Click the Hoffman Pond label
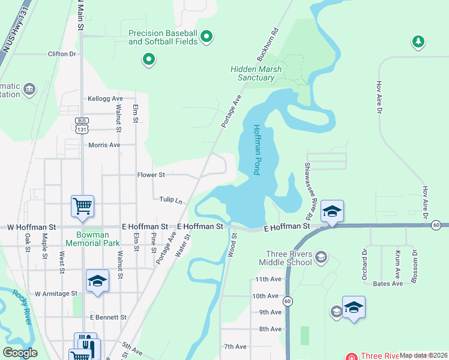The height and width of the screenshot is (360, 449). click(x=256, y=150)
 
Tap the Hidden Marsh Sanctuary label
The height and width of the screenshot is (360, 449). click(x=256, y=73)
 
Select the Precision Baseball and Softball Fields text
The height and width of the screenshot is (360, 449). click(x=162, y=37)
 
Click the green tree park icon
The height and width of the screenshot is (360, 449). click(x=418, y=42)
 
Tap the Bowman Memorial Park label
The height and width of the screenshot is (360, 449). click(x=98, y=239)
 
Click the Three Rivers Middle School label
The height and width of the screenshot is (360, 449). click(x=285, y=258)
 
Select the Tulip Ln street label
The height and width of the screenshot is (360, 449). click(x=170, y=199)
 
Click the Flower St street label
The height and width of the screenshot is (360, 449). click(x=151, y=175)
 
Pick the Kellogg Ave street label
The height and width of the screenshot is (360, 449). click(x=105, y=98)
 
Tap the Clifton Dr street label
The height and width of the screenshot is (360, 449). click(x=64, y=53)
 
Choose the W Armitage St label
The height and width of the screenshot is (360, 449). click(x=56, y=294)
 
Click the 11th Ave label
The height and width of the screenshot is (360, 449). click(x=268, y=280)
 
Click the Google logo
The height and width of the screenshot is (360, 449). click(x=20, y=353)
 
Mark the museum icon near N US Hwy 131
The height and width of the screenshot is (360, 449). click(x=28, y=91)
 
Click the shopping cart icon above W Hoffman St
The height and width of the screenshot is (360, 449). click(x=82, y=206)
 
